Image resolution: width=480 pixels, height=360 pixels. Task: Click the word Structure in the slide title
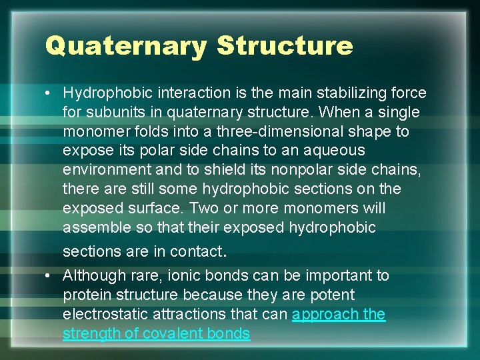pos(285,45)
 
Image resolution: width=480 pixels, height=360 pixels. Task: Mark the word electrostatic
pos(103,314)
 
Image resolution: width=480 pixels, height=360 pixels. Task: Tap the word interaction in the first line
pos(179,93)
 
